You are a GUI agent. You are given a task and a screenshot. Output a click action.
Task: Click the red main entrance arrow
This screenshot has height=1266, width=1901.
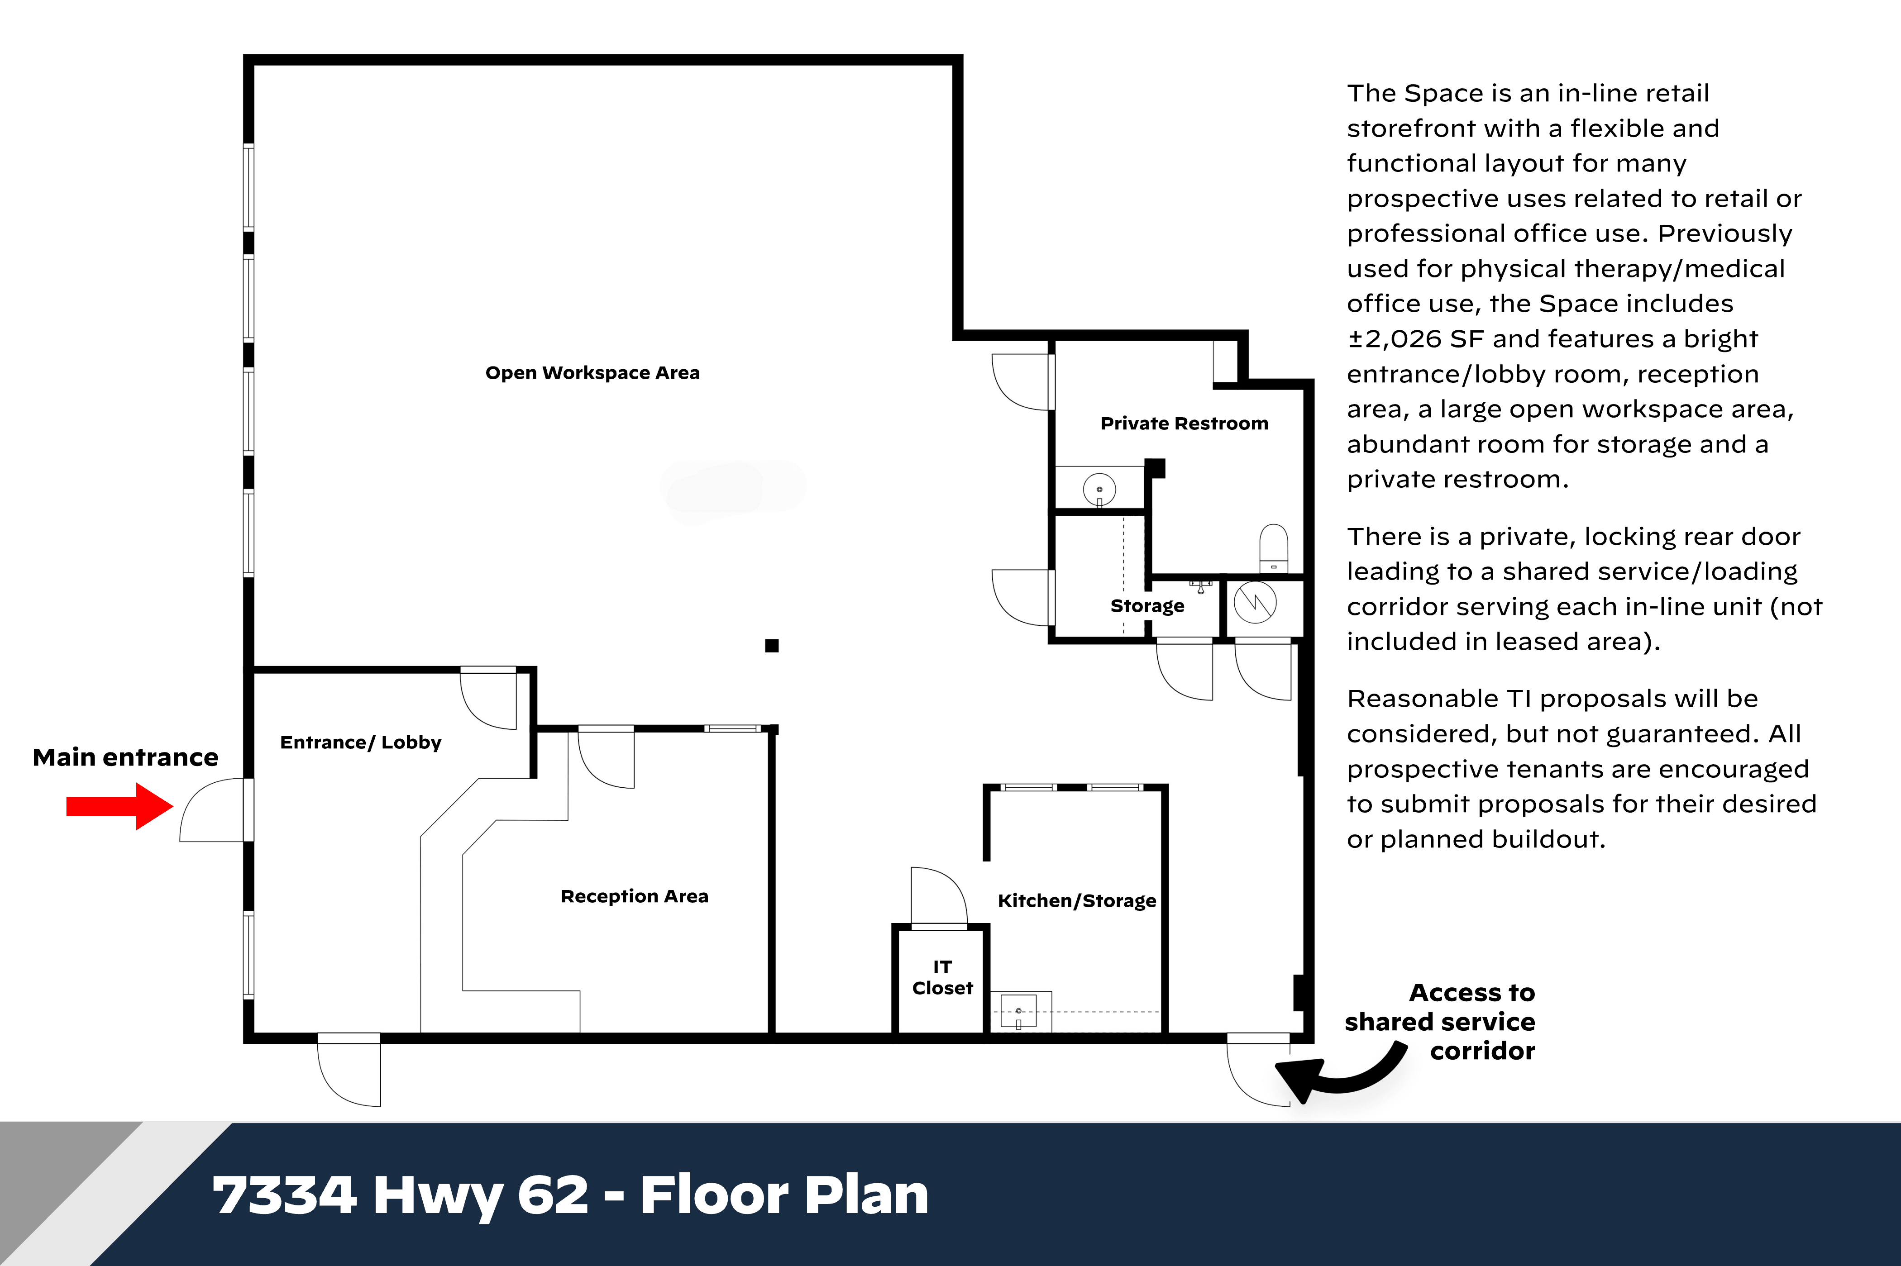pos(119,806)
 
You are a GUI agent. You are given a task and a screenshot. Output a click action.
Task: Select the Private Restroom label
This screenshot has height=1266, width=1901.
pos(1184,424)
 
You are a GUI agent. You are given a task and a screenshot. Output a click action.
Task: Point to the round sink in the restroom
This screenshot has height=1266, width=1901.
pos(1099,489)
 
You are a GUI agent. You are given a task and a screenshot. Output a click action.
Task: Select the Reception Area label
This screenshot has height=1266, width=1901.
pos(634,896)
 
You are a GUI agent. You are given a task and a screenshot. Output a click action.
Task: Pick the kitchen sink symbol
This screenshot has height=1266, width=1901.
pos(1018,1011)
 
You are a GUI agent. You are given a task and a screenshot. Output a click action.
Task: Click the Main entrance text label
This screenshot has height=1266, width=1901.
pos(125,757)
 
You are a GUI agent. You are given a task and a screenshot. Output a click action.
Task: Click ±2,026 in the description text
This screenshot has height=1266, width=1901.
pos(1394,339)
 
